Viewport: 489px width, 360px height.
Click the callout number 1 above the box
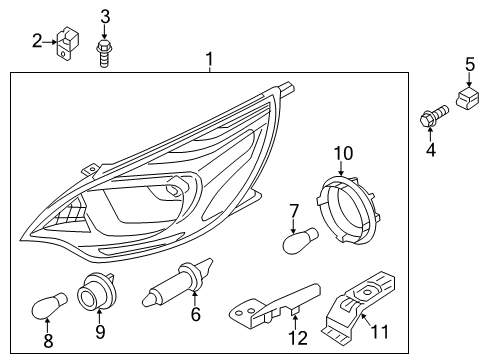click(x=209, y=59)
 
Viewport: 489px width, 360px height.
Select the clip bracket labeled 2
click(x=68, y=44)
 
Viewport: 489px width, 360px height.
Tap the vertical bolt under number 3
click(x=104, y=54)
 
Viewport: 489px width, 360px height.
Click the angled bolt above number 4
click(x=434, y=116)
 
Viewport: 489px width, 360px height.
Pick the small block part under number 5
click(x=467, y=98)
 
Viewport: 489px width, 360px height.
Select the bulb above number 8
click(x=49, y=305)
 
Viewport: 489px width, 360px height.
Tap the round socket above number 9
click(x=96, y=291)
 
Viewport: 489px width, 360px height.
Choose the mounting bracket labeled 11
click(x=359, y=307)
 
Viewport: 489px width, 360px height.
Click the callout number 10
click(x=343, y=154)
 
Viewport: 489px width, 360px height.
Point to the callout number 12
click(x=298, y=338)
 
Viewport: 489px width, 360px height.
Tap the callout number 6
click(x=196, y=314)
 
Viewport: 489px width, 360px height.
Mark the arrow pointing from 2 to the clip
click(x=50, y=42)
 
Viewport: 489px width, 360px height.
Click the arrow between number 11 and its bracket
click(x=367, y=321)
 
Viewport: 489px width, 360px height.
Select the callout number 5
click(x=470, y=65)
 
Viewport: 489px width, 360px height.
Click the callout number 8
click(x=48, y=341)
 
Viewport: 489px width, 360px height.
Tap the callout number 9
click(x=100, y=331)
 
